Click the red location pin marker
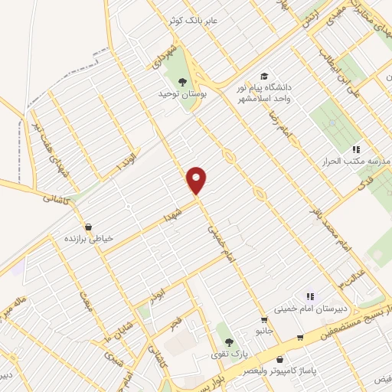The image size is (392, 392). (x=197, y=181)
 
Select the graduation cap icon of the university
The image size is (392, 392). (x=264, y=77)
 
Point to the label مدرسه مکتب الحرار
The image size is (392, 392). (x=354, y=162)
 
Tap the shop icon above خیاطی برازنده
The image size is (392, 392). (x=90, y=227)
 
